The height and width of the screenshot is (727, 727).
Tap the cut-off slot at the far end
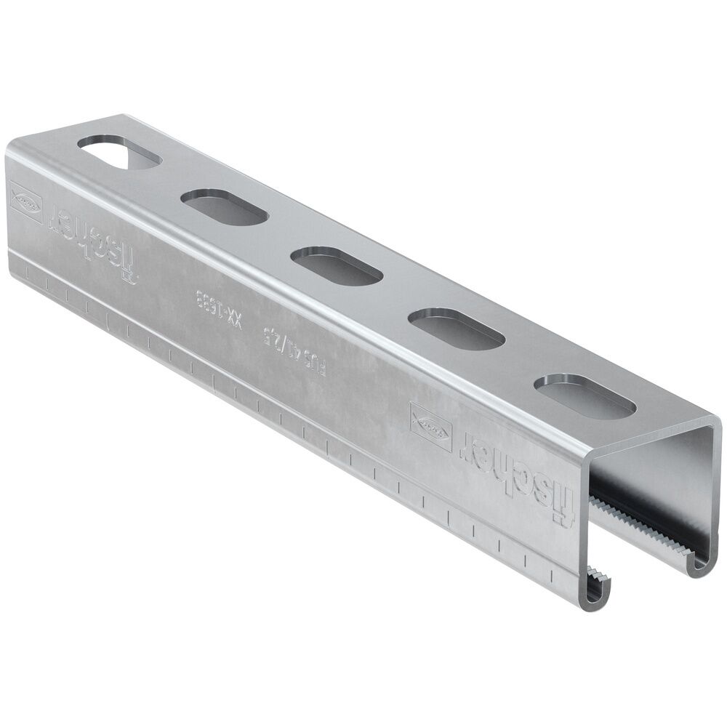pyautogui.click(x=119, y=152)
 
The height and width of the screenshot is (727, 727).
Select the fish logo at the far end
pyautogui.click(x=27, y=198)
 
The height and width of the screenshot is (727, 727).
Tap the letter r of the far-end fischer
pyautogui.click(x=58, y=218)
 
